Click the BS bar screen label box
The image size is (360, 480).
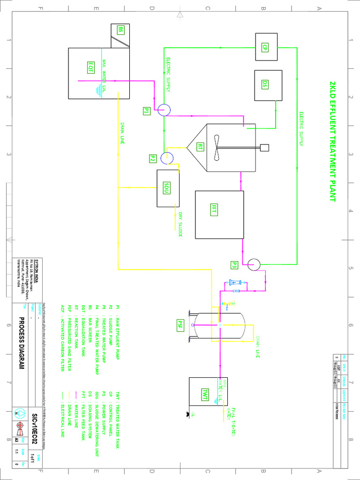[120, 30]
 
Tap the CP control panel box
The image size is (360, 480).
[265, 47]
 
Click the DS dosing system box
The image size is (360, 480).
[265, 84]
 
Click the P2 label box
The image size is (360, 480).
[152, 158]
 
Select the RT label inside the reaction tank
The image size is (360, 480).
[200, 147]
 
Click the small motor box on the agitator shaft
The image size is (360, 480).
[264, 147]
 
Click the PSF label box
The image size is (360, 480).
[180, 324]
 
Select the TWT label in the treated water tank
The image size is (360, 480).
[205, 392]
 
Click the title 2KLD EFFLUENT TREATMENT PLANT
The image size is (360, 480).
[332, 141]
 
